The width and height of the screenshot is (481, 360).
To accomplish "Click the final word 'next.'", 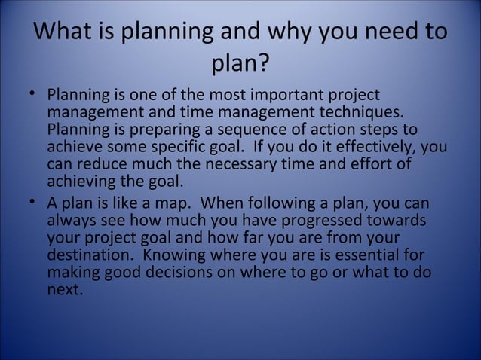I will pyautogui.click(x=65, y=288).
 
